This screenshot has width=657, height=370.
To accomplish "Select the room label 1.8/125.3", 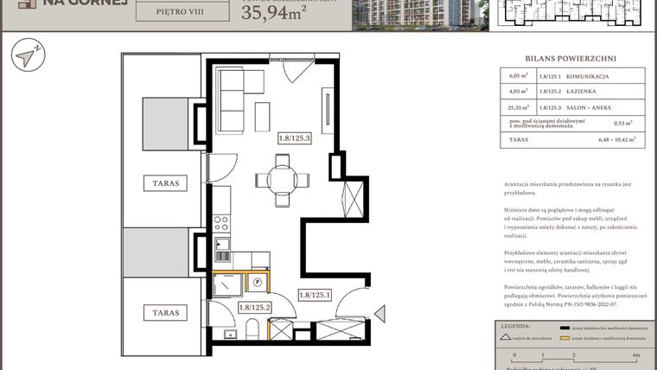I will click(294, 137).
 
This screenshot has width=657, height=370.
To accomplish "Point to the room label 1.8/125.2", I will click(255, 307).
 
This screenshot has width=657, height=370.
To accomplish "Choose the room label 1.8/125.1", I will click(315, 296).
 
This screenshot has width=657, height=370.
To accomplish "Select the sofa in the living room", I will click(231, 100).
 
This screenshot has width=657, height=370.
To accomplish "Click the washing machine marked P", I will click(257, 281).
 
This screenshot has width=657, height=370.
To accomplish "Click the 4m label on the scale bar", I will click(635, 355).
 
